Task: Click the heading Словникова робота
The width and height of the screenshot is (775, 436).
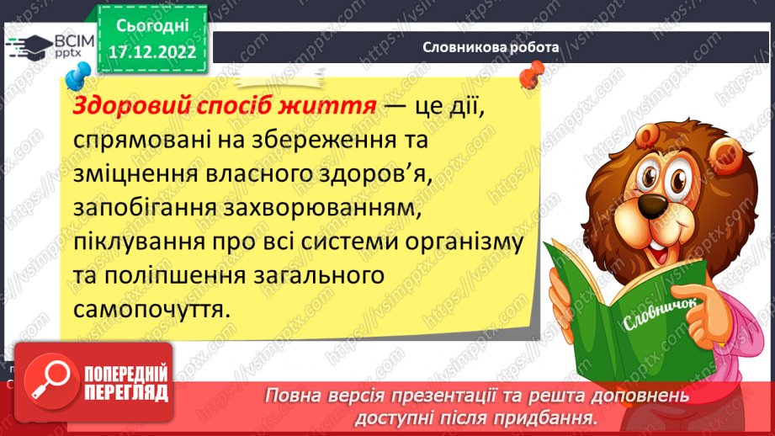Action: pos(491,47)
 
